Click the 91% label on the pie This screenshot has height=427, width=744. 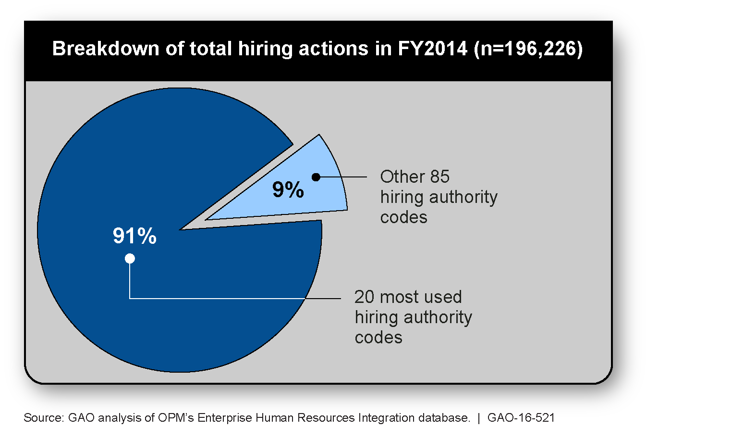coord(134,236)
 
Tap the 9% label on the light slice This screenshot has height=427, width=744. coord(288,189)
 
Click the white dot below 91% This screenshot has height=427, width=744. coord(130,259)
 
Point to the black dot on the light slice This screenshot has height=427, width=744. coord(316,177)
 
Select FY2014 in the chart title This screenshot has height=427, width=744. coord(432,49)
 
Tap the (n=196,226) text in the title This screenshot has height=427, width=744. coord(528,49)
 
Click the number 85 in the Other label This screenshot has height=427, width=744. coord(439,176)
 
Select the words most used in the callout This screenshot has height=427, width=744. coord(421,297)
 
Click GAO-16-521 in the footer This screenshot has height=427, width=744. coord(521,417)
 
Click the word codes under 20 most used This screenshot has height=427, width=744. coord(378,337)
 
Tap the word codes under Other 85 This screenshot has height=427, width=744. coord(403,217)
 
